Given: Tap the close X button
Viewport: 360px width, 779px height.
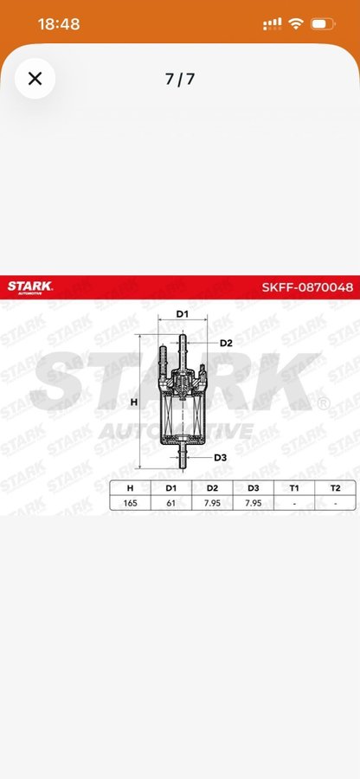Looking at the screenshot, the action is [35, 79].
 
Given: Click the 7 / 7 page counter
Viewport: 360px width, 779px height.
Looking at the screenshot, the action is [180, 79].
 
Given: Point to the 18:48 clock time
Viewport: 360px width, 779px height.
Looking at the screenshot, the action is [59, 24].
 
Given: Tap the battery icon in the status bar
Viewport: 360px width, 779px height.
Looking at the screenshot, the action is [323, 23].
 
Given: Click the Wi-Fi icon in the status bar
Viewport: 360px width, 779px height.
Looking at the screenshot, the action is [296, 23].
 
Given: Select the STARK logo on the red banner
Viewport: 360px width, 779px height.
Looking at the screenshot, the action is [29, 287].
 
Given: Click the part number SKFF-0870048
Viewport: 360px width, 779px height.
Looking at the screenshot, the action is [307, 287].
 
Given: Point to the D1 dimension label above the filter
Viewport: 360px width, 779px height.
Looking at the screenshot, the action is [183, 314].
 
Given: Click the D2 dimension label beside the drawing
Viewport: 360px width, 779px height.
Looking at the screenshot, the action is [226, 343].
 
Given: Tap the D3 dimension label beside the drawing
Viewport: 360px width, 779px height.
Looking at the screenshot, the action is [221, 457].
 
